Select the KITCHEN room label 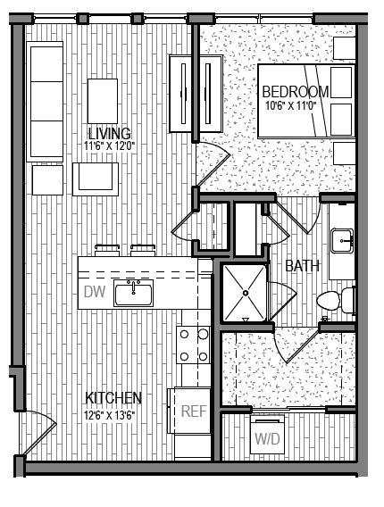coord(113,397)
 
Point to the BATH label coord(303,266)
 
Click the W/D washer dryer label coord(267,439)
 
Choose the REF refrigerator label coord(194,411)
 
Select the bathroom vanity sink coord(342,240)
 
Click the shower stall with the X coord(245,292)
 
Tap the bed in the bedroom coord(304,100)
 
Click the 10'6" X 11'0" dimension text coord(297,105)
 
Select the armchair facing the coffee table coord(96,177)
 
